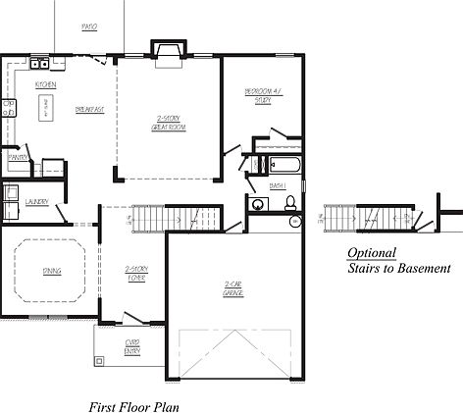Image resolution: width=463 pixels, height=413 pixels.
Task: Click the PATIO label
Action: (x=88, y=26)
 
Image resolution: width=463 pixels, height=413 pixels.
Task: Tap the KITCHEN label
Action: (x=44, y=85)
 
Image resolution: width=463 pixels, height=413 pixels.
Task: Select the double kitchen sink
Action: (x=39, y=66)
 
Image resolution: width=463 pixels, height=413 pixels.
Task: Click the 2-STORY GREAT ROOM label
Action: (x=170, y=124)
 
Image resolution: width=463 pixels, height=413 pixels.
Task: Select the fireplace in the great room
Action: (x=166, y=50)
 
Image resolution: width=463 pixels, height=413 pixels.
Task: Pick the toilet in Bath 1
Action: (x=289, y=204)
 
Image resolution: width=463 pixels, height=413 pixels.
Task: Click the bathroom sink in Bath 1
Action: (x=257, y=205)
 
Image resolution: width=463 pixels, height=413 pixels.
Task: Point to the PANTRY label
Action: (x=16, y=156)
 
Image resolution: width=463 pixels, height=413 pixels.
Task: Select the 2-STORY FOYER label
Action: (x=136, y=274)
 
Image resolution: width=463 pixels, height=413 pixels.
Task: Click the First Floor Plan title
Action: (x=133, y=404)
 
